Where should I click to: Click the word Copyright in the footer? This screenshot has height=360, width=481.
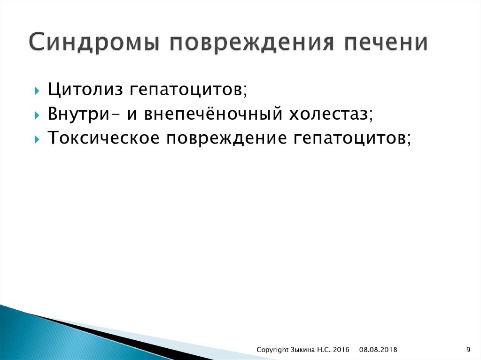point(272,349)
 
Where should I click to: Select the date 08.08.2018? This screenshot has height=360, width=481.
point(379,349)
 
